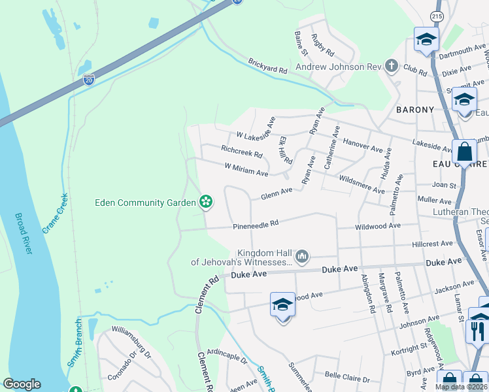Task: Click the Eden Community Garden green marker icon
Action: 206,202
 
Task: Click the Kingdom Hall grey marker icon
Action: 301,255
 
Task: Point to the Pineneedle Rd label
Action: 256,223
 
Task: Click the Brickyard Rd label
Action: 267,65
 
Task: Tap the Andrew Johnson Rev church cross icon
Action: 392,65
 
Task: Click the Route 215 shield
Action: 437,15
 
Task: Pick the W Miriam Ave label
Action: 246,170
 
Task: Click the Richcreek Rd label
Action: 241,152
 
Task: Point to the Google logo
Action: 22,384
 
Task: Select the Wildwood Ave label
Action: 377,226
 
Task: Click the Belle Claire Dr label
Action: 347,378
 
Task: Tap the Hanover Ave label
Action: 362,145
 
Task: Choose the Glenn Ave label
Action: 277,193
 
